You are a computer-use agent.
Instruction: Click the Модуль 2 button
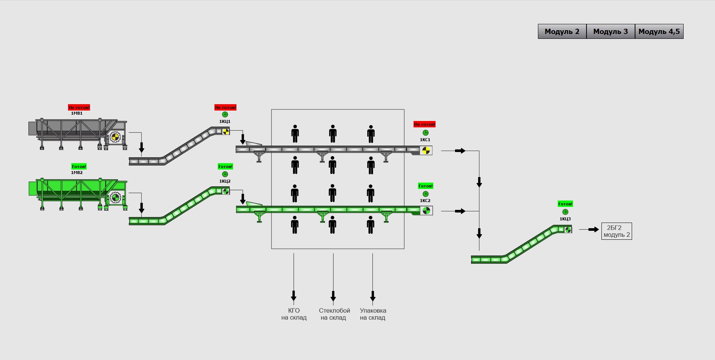[562, 31]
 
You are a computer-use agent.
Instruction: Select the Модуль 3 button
[610, 31]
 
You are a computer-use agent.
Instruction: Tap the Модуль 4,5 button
[659, 31]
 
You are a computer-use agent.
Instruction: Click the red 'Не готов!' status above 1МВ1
[79, 108]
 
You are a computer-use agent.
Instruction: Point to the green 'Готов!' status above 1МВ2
[79, 167]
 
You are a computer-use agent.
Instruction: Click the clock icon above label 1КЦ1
[225, 114]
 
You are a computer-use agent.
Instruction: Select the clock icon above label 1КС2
[425, 194]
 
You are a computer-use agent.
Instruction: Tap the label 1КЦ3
[565, 219]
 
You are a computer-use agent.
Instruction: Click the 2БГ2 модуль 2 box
[616, 231]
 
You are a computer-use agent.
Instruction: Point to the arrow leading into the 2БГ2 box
[593, 229]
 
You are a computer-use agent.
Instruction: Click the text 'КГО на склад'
[294, 314]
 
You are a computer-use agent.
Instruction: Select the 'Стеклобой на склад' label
[334, 314]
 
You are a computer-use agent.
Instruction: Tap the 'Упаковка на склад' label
[373, 314]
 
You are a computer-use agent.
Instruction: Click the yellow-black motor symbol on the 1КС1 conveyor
[425, 150]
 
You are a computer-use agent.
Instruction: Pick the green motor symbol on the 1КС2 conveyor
[426, 211]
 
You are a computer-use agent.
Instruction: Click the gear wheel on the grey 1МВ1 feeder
[115, 137]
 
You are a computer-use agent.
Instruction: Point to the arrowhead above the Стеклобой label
[333, 297]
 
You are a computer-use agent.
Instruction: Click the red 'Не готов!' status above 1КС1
[424, 124]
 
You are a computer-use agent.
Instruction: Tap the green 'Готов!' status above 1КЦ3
[565, 204]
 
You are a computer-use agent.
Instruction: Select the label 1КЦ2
[225, 181]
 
